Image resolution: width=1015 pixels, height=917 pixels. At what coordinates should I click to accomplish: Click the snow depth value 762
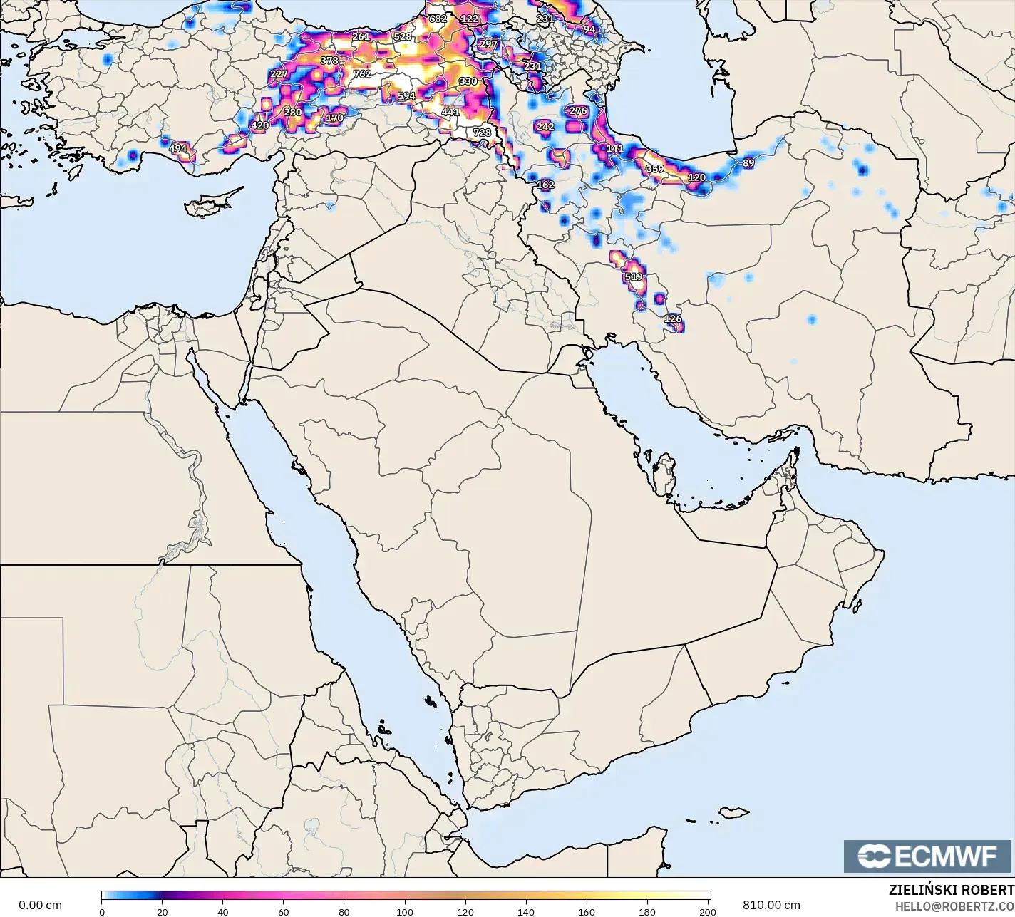[x=361, y=73]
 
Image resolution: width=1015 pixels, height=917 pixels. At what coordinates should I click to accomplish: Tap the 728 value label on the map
[x=482, y=133]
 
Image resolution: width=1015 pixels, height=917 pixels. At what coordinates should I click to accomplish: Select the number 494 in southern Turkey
[x=177, y=149]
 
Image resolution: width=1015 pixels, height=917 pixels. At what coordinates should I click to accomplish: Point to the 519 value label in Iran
[x=633, y=276]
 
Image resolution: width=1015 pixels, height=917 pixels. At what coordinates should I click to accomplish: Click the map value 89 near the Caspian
[x=748, y=163]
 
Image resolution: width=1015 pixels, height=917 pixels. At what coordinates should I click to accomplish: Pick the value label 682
[x=437, y=19]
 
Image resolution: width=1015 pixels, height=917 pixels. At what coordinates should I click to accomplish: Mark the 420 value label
[x=260, y=125]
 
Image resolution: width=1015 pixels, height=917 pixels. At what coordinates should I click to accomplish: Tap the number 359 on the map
[x=654, y=170]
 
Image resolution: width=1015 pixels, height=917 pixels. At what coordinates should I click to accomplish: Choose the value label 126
[x=672, y=318]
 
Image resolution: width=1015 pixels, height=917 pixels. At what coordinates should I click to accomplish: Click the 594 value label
[x=406, y=96]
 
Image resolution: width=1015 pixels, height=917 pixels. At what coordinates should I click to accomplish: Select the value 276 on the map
[x=578, y=111]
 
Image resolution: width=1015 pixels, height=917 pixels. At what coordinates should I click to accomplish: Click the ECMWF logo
[x=927, y=856]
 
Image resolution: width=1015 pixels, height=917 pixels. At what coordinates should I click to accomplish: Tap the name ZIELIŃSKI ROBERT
[x=951, y=890]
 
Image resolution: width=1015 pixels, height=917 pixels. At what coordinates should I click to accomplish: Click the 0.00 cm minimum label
[x=40, y=905]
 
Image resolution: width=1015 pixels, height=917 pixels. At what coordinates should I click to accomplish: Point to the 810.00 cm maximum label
[x=771, y=905]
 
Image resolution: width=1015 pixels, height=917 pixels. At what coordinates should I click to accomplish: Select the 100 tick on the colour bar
[x=405, y=912]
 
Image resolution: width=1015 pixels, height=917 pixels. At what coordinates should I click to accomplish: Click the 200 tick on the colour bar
[x=707, y=912]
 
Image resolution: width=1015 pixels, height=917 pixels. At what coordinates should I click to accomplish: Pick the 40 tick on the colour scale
[x=223, y=912]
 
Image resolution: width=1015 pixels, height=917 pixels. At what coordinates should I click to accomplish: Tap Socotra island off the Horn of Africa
[x=733, y=812]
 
